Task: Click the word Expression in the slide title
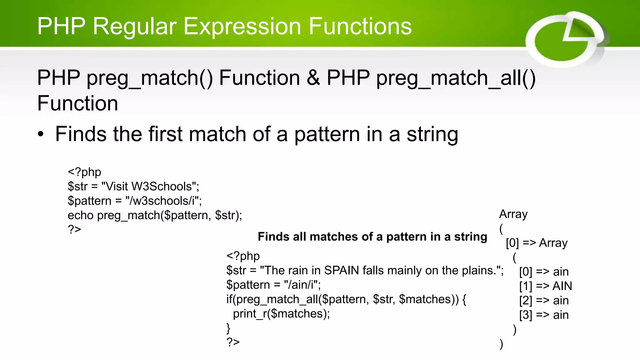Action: click(x=242, y=26)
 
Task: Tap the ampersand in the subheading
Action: click(x=313, y=78)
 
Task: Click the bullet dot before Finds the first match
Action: click(x=41, y=135)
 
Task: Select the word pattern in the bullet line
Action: click(x=327, y=134)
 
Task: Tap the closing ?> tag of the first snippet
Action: click(x=74, y=229)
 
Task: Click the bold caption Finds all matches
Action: click(x=372, y=237)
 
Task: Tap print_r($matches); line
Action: click(x=281, y=313)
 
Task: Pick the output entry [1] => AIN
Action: click(x=545, y=286)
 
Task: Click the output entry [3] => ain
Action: click(x=544, y=315)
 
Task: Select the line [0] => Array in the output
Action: click(x=536, y=243)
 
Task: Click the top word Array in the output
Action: click(x=513, y=214)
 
